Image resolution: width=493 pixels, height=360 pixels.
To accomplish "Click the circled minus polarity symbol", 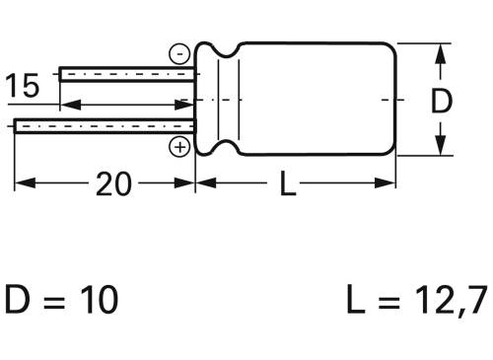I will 179,55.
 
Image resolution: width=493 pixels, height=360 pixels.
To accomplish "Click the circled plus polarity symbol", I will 179,148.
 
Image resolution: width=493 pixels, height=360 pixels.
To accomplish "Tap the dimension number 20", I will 114,183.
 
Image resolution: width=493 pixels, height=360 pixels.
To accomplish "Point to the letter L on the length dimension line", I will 287,183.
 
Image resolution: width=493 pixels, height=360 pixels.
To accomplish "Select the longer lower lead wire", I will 99,124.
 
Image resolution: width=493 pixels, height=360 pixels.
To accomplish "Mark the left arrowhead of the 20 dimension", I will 22,182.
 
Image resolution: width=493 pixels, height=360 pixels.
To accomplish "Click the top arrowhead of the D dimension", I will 438,51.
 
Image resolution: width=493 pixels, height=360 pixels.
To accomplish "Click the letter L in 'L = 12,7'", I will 357,298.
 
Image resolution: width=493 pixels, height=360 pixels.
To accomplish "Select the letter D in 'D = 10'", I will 19,298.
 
